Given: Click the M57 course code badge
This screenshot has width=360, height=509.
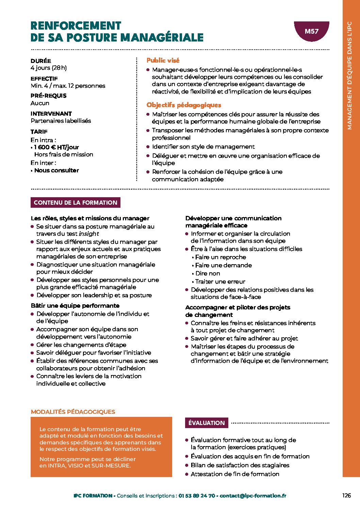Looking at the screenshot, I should pyautogui.click(x=311, y=31).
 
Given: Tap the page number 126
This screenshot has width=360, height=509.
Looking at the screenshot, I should pyautogui.click(x=346, y=495).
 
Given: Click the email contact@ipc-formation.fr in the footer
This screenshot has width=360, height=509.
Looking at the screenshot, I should pyautogui.click(x=253, y=496).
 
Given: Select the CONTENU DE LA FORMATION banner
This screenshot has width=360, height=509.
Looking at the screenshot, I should pyautogui.click(x=76, y=203).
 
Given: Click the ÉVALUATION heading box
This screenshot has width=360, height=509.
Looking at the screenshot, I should pyautogui.click(x=207, y=423).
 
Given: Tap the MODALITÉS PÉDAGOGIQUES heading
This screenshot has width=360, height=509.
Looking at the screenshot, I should pyautogui.click(x=73, y=412).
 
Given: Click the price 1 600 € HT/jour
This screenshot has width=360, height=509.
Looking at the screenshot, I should pyautogui.click(x=56, y=147).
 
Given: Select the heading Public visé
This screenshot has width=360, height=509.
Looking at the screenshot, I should pyautogui.click(x=163, y=61).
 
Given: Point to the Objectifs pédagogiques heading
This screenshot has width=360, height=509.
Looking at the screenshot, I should pyautogui.click(x=184, y=105).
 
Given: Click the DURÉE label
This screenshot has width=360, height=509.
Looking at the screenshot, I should pyautogui.click(x=41, y=61).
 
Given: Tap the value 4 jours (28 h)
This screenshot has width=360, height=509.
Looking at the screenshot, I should pyautogui.click(x=49, y=68).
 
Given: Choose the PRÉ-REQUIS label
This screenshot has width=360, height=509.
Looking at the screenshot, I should pyautogui.click(x=49, y=96).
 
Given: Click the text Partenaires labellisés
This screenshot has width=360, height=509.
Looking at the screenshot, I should pyautogui.click(x=61, y=121).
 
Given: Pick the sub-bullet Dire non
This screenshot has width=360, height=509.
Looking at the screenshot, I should pyautogui.click(x=208, y=273).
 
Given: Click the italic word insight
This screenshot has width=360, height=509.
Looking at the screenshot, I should pyautogui.click(x=88, y=234).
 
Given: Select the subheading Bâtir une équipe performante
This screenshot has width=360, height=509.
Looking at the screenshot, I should pyautogui.click(x=75, y=306).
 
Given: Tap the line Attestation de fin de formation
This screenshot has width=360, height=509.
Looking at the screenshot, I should pyautogui.click(x=235, y=474).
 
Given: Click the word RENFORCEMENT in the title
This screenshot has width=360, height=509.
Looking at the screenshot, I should pyautogui.click(x=76, y=26).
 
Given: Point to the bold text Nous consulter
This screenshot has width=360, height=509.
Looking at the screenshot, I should pyautogui.click(x=56, y=170).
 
